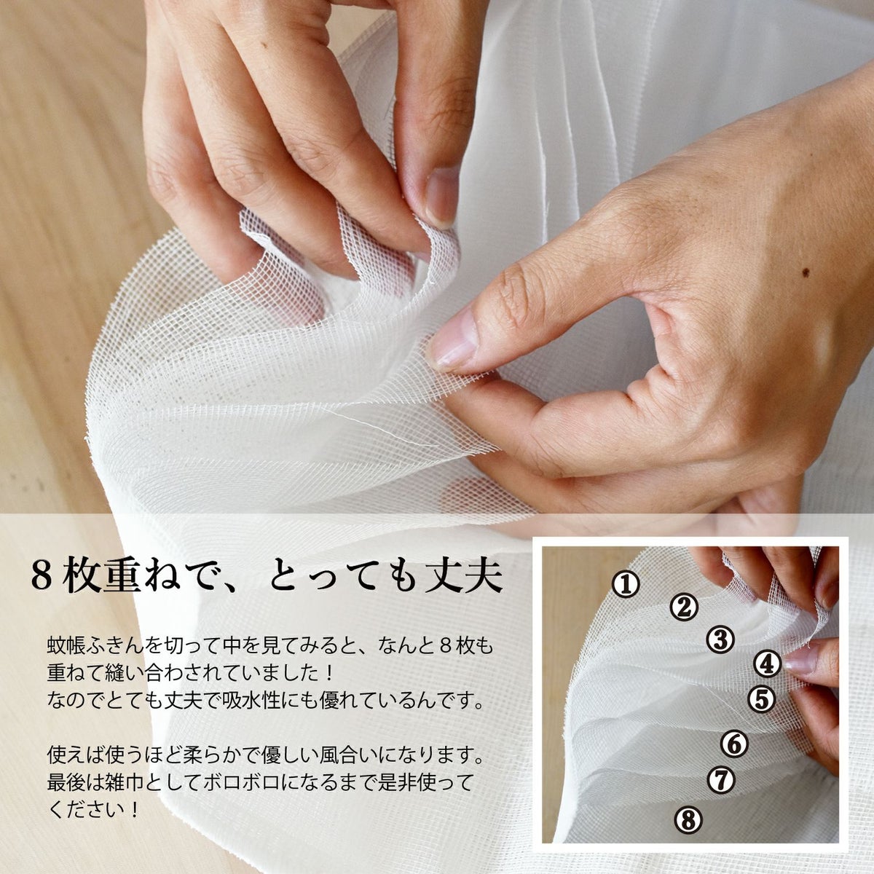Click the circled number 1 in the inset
[x=626, y=584]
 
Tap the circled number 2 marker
[x=684, y=607]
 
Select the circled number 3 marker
[x=720, y=639]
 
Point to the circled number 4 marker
[x=768, y=664]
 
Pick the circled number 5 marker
[x=761, y=699]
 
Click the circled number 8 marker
[x=688, y=820]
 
